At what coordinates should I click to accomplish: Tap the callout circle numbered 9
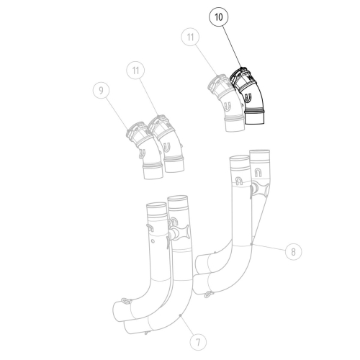[102, 91]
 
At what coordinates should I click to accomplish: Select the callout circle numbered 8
[293, 251]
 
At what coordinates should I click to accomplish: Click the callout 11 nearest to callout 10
[190, 36]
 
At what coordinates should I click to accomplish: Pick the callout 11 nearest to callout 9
[136, 71]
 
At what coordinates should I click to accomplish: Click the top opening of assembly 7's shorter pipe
[156, 207]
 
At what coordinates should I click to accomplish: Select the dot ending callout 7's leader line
[178, 315]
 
